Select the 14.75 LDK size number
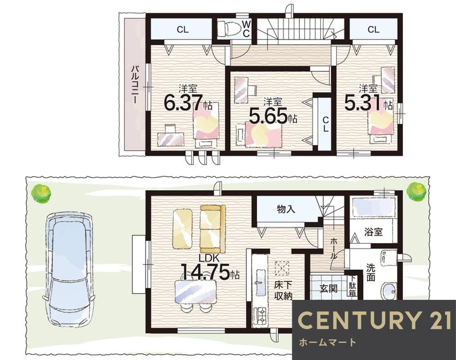[x=206, y=272]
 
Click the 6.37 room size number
[x=183, y=103]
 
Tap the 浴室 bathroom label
[x=373, y=232]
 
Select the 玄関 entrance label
[x=328, y=288]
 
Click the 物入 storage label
[x=286, y=209]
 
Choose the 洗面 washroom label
[x=370, y=272]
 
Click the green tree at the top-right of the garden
[x=416, y=192]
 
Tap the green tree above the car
[x=41, y=194]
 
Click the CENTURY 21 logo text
[x=375, y=320]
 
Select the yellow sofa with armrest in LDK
[x=212, y=229]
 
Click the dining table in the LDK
[x=196, y=292]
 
